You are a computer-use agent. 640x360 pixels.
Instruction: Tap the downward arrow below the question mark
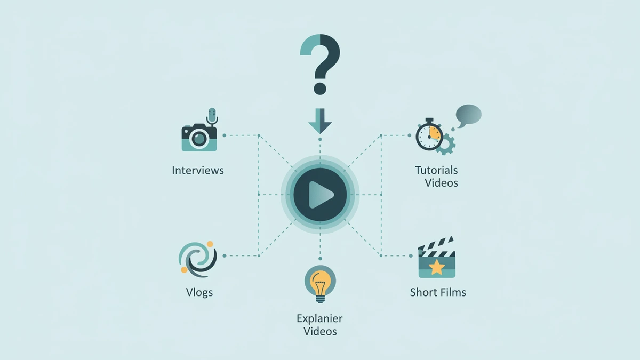[320, 121]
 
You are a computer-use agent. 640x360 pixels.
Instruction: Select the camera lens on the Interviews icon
[199, 139]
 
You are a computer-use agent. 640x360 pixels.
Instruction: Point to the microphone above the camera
[212, 116]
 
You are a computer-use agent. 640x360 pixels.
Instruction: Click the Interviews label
[198, 170]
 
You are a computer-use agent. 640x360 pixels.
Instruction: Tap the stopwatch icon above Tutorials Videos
[429, 134]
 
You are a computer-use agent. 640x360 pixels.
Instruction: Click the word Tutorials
[436, 170]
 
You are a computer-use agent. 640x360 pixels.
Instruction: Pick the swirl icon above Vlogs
[198, 259]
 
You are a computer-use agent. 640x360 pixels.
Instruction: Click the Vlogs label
[199, 292]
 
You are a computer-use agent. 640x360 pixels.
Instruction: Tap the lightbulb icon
[320, 283]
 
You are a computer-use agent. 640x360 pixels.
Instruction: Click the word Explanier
[319, 318]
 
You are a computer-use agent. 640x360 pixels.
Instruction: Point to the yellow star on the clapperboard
[437, 267]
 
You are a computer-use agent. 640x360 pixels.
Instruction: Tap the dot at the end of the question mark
[320, 89]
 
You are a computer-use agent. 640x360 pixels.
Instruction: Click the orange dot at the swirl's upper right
[210, 244]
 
